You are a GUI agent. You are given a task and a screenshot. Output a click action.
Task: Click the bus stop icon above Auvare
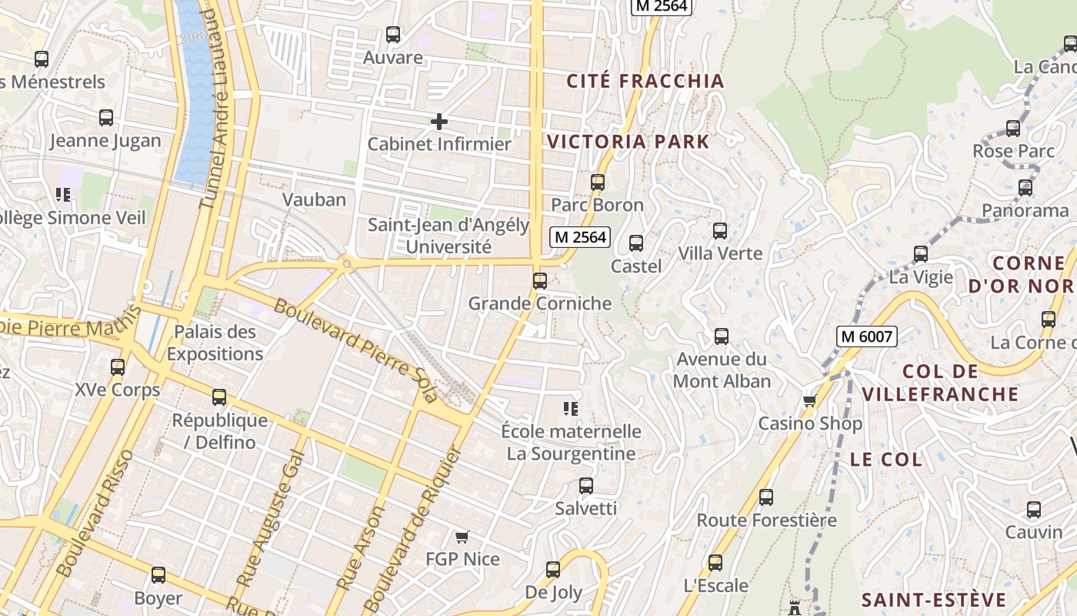coord(393,35)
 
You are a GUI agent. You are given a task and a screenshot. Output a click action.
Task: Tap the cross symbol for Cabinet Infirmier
coord(438,122)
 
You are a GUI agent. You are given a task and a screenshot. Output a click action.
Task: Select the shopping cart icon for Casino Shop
coord(809,401)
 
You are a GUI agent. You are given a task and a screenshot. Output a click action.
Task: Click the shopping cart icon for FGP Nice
coord(462,537)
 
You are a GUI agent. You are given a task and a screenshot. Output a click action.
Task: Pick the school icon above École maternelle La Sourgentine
coord(570,408)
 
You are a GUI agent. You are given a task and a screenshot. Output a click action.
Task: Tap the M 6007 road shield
coord(868,336)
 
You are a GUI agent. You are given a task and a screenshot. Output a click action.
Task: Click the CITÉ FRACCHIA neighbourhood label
coord(645,81)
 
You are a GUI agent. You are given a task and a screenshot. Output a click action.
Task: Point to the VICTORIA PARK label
coord(628,142)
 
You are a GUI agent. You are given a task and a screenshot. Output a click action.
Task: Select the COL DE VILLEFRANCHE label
coord(940,383)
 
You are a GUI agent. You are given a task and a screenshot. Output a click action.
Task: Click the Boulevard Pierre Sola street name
coord(355,350)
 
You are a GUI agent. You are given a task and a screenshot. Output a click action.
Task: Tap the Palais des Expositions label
coord(215,343)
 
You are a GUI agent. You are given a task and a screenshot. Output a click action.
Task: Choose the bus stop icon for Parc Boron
coord(598,182)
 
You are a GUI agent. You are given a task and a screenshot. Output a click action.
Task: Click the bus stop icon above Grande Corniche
coord(540,281)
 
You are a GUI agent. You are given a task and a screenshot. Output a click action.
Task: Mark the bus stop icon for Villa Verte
coord(720,231)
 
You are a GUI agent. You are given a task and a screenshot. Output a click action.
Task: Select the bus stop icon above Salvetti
coord(586,486)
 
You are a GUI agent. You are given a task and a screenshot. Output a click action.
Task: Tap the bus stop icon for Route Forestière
coord(765,497)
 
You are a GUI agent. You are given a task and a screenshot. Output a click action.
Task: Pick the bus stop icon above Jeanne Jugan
coord(106,118)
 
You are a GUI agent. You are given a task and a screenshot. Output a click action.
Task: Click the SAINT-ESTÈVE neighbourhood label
coord(933,600)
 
